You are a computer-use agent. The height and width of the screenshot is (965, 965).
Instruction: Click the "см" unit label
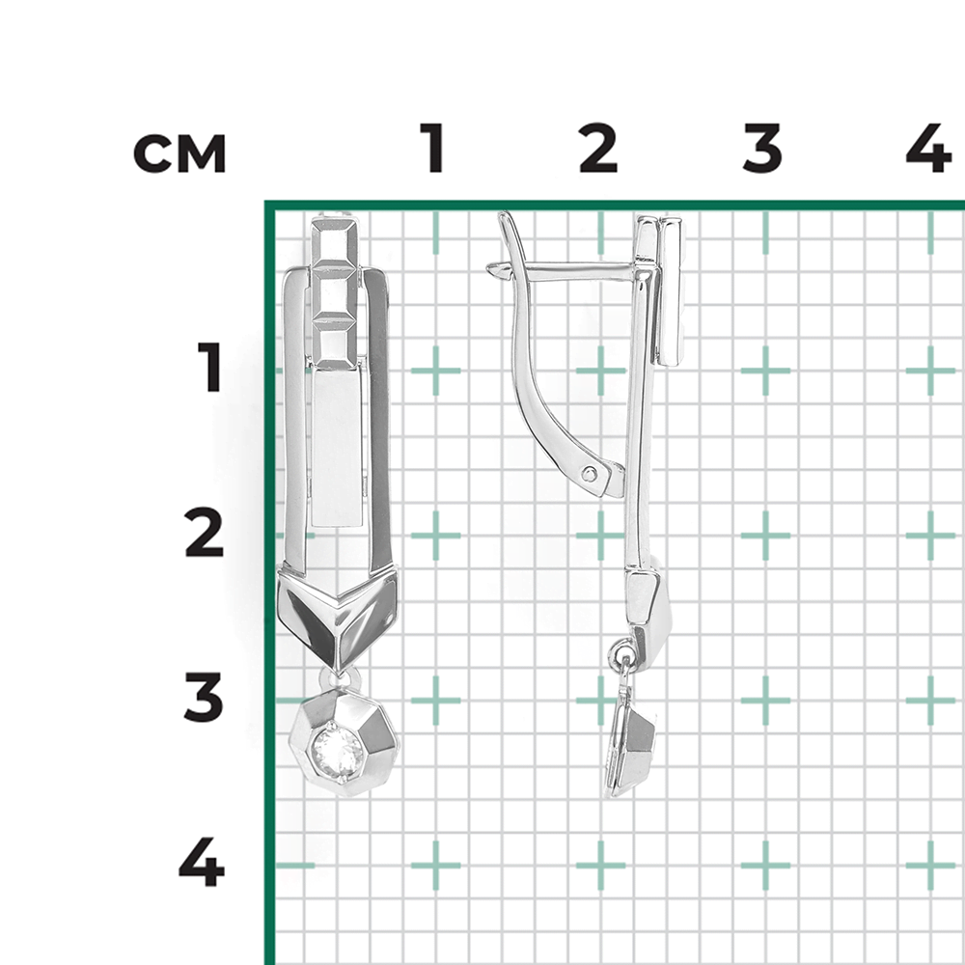179,152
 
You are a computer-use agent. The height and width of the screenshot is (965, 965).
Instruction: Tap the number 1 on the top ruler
433,148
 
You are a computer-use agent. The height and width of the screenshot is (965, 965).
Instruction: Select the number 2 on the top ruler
597,148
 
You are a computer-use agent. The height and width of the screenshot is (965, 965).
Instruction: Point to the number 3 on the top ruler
762,148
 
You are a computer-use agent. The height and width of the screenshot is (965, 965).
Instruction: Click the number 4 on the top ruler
929,148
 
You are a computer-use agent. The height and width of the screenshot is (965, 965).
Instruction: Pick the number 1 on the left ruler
209,368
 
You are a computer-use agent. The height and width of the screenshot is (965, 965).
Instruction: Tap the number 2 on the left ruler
204,533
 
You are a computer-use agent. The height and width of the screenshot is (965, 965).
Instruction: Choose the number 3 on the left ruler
203,698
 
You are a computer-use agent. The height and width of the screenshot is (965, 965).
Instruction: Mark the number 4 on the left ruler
202,862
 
